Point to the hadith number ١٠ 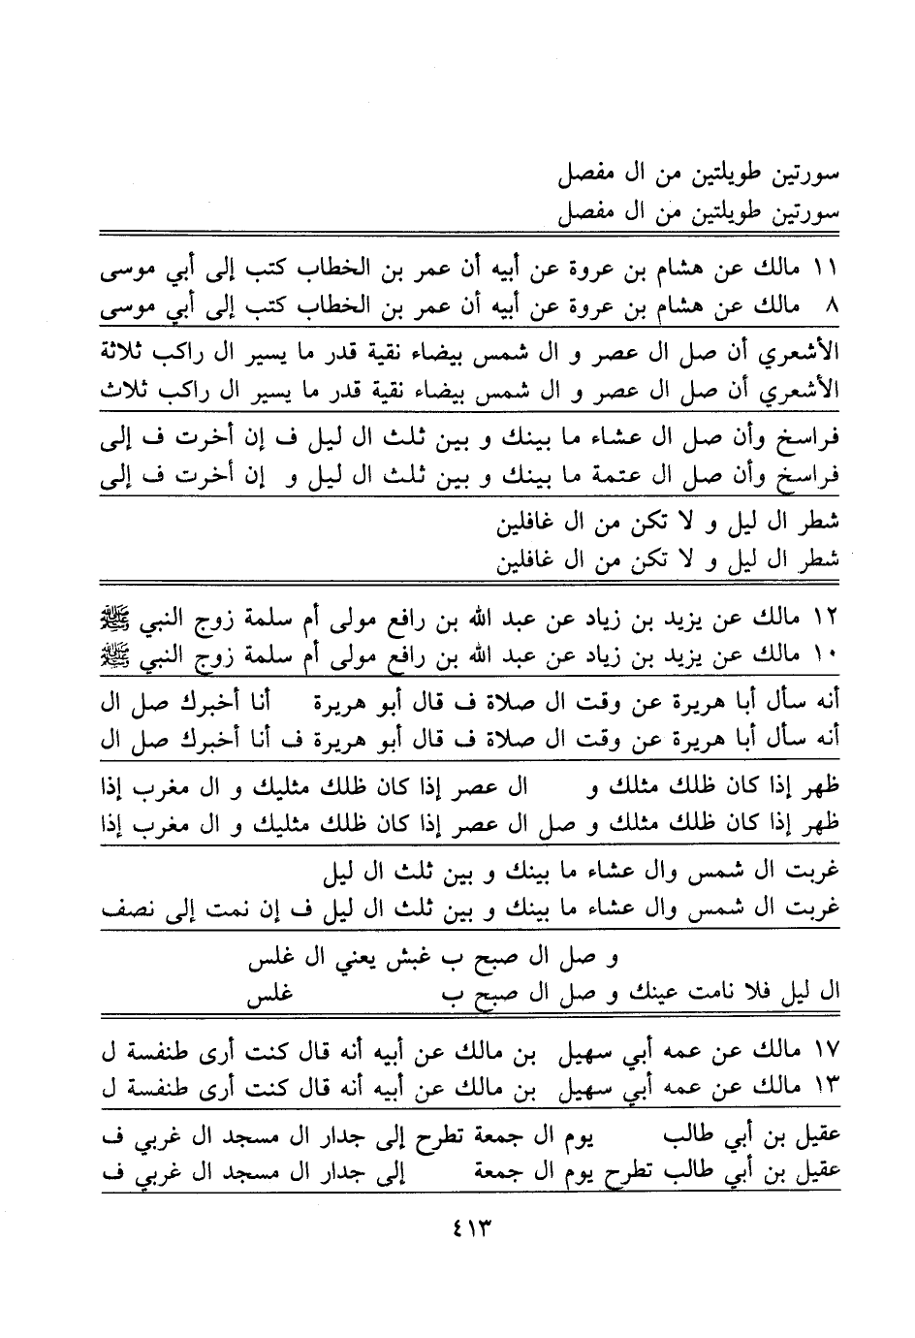(827, 657)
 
